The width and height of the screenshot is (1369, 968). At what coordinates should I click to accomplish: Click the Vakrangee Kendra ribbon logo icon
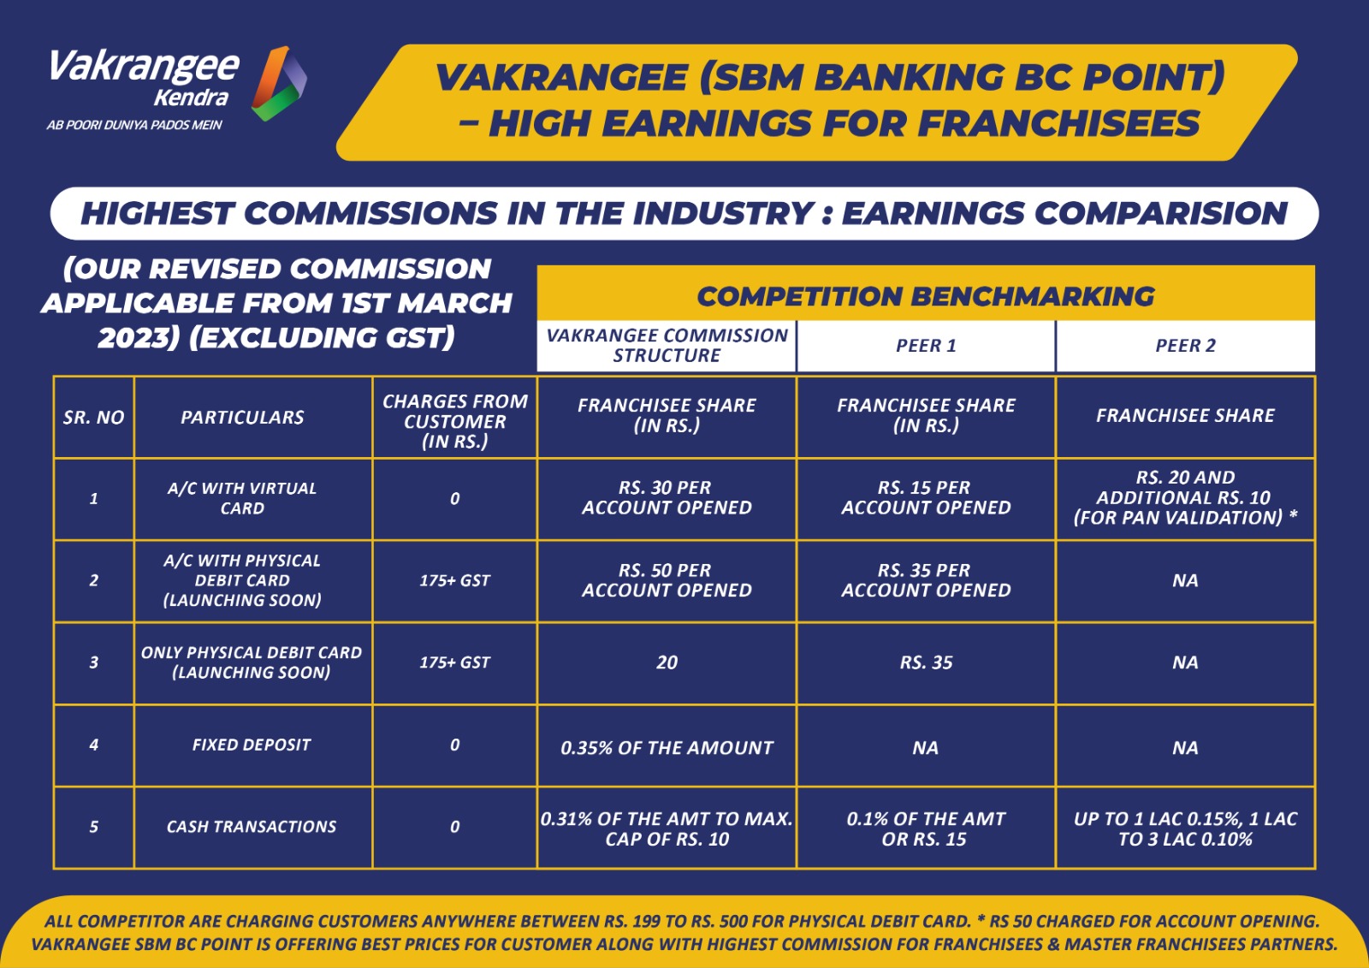(279, 83)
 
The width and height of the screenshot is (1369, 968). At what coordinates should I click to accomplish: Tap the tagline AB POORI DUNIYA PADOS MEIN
(134, 125)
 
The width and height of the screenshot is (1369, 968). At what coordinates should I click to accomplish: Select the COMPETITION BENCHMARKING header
(925, 297)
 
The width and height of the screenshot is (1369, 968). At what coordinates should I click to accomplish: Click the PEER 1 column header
(925, 346)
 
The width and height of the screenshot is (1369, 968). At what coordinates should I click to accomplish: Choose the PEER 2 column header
(1185, 346)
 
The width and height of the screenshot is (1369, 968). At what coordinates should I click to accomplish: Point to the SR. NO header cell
(93, 417)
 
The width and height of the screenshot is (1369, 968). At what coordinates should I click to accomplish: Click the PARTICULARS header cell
(242, 417)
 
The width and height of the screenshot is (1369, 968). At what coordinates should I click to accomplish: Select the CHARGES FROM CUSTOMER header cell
(454, 421)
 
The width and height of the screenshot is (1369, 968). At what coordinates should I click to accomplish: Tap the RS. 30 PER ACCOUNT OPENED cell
(667, 497)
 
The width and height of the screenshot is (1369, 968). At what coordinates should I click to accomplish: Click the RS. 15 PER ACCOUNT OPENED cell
(925, 497)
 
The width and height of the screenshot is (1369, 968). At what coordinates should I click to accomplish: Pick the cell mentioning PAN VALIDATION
(1185, 497)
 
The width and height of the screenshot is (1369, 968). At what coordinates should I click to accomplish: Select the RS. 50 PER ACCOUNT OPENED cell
(667, 579)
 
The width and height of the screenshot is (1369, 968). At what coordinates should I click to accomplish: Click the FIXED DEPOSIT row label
(252, 745)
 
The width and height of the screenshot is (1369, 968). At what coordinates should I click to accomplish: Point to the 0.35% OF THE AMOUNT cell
(667, 747)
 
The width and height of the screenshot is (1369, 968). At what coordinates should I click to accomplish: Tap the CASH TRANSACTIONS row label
(252, 827)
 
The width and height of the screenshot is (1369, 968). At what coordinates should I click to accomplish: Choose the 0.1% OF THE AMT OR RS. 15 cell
(925, 828)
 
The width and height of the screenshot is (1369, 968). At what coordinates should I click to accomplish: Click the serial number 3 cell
(93, 662)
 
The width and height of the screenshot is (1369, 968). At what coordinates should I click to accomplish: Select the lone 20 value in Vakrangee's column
(667, 662)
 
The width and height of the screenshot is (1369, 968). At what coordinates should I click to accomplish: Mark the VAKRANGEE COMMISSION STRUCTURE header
(667, 346)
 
